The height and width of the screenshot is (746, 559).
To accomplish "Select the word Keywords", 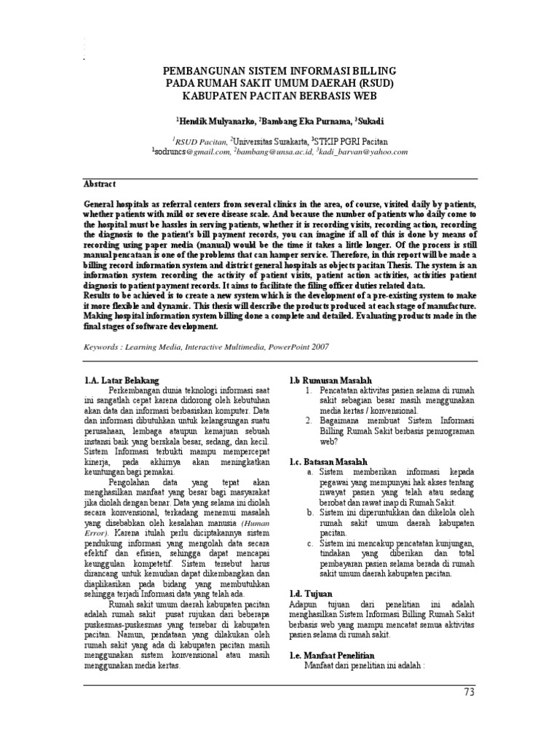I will point(103,347).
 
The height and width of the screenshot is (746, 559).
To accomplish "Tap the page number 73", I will point(468,692).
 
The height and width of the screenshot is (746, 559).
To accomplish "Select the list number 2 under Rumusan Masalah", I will point(309,421).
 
